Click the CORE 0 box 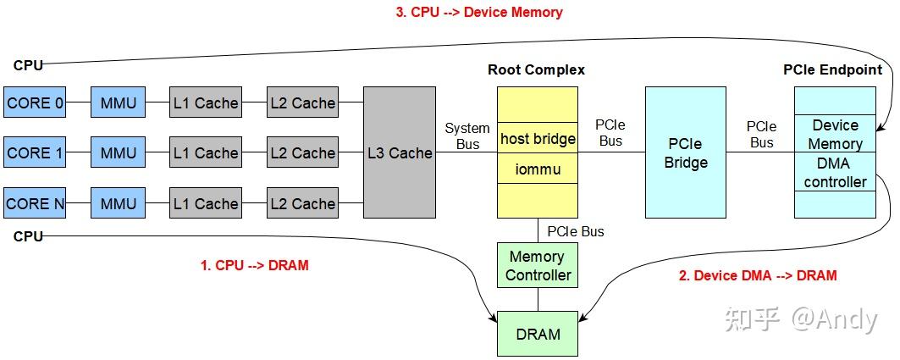35,103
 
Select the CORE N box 35,203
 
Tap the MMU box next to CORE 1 118,153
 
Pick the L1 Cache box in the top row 206,103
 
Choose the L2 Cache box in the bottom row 302,203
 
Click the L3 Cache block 400,153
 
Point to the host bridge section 538,138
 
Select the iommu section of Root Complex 538,169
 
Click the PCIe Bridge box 685,152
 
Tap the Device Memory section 835,135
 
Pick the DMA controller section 835,173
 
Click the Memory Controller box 538,266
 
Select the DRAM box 538,334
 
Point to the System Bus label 467,136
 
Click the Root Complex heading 536,69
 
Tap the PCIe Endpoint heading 832,69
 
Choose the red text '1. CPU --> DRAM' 254,265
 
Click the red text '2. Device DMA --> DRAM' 757,275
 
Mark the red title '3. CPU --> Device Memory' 478,12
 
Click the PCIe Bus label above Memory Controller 576,230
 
